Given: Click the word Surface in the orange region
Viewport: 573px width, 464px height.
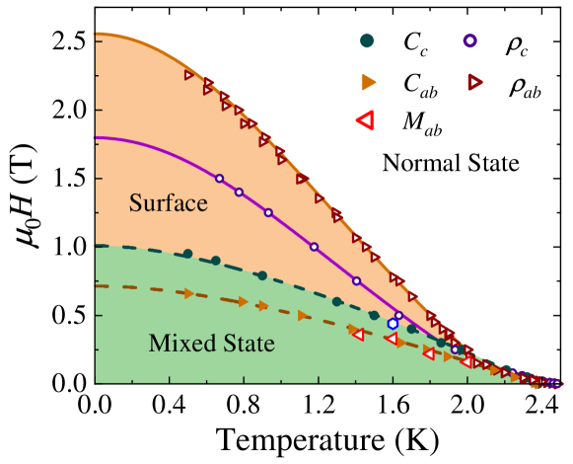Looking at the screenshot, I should (x=168, y=203).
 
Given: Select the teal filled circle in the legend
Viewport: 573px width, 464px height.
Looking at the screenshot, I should (x=367, y=40).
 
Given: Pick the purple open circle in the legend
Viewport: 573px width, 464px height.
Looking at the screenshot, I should (x=469, y=40).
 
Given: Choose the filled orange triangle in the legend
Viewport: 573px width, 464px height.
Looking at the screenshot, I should (x=368, y=82).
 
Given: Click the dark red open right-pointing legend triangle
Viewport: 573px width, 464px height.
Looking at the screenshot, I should (x=474, y=82).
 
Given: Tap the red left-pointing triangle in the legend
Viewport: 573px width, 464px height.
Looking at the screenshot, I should (x=364, y=120).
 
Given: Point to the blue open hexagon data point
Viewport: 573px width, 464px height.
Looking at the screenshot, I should (x=393, y=323).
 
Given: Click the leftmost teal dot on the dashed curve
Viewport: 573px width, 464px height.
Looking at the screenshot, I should (x=187, y=254).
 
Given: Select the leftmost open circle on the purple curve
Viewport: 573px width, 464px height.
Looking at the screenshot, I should (x=219, y=179).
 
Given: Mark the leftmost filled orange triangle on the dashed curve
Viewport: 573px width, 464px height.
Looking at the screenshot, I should (x=188, y=293).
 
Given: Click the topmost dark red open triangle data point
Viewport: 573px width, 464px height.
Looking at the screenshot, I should (x=189, y=74).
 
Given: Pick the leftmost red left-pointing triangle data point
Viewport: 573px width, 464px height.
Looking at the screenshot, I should (x=357, y=335).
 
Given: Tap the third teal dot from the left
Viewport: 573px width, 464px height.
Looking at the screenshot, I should (x=261, y=275).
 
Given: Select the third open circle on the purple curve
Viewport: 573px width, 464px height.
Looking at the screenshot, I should (x=268, y=212).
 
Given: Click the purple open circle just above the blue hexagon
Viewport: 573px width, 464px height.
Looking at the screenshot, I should (x=398, y=316).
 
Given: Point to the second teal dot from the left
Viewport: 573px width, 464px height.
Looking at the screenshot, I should (x=216, y=261).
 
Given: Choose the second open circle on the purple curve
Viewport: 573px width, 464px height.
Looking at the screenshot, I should (x=239, y=192).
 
